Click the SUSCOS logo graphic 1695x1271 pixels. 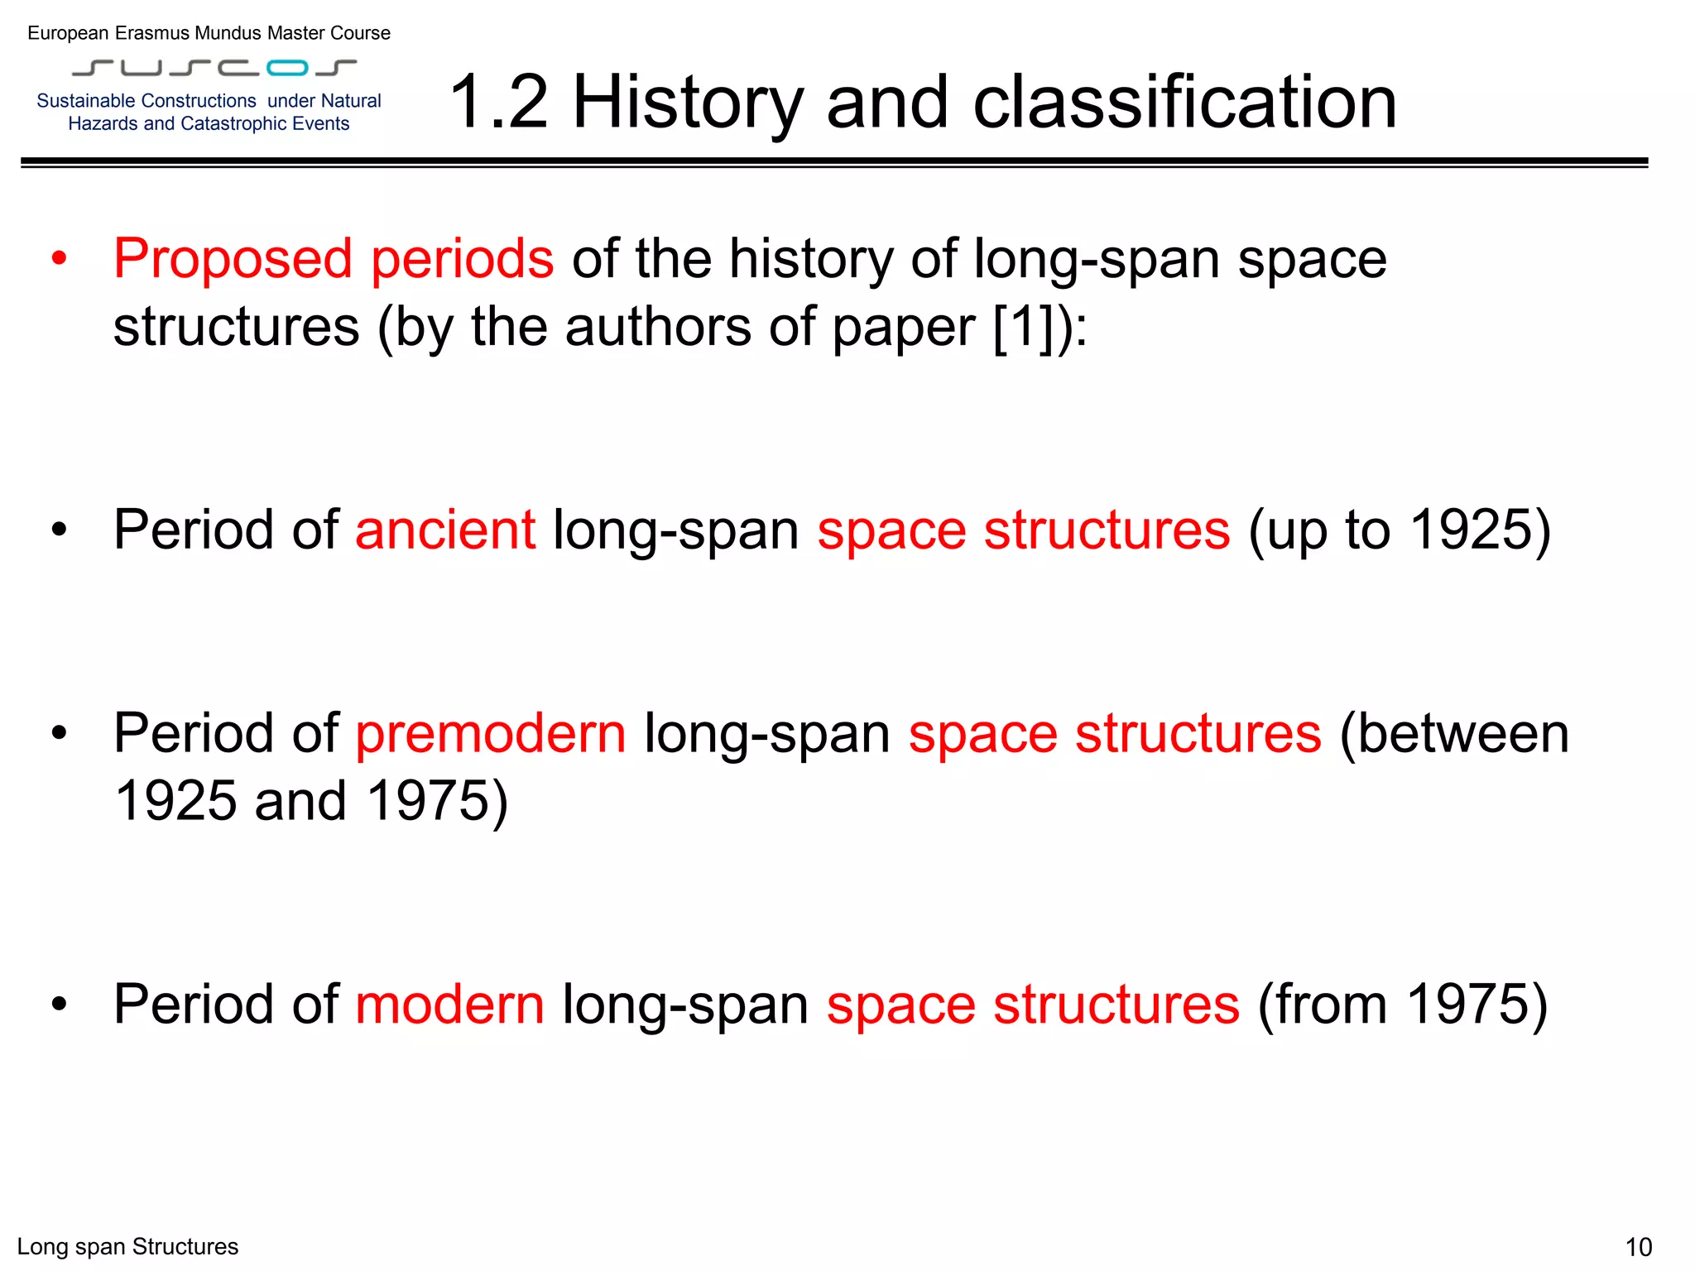(214, 67)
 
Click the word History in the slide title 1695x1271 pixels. (687, 103)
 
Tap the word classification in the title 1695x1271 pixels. (1184, 103)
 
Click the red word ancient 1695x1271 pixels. (444, 530)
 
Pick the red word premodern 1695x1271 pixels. (490, 733)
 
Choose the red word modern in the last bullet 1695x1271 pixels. (449, 1005)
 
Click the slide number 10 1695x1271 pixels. (1638, 1247)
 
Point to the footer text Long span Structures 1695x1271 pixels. (127, 1247)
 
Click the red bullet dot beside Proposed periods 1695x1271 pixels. (59, 259)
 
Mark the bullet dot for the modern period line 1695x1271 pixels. (59, 1005)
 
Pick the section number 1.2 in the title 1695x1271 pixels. (498, 103)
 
